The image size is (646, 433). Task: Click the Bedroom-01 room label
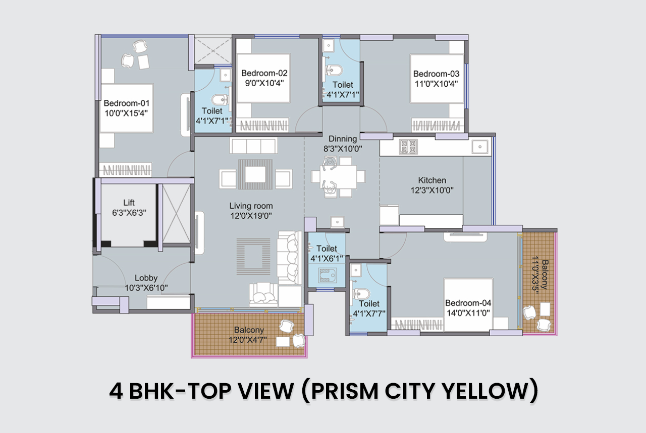pyautogui.click(x=127, y=103)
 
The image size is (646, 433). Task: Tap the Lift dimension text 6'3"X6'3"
pyautogui.click(x=129, y=213)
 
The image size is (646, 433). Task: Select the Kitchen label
pyautogui.click(x=432, y=180)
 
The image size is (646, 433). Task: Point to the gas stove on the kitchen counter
pyautogui.click(x=408, y=146)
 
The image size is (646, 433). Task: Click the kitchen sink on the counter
pyautogui.click(x=480, y=147)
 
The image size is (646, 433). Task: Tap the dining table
pyautogui.click(x=338, y=176)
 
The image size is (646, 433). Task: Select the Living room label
pyautogui.click(x=251, y=206)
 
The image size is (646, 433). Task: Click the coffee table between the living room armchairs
pyautogui.click(x=255, y=174)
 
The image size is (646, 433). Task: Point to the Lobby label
pyautogui.click(x=146, y=278)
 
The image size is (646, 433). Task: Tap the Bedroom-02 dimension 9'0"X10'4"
pyautogui.click(x=264, y=83)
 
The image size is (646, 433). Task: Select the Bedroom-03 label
pyautogui.click(x=436, y=74)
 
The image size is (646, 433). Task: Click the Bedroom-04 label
pyautogui.click(x=468, y=303)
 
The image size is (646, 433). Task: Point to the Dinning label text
pyautogui.click(x=343, y=139)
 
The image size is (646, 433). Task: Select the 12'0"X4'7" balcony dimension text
pyautogui.click(x=248, y=340)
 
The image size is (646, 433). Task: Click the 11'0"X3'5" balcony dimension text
pyautogui.click(x=535, y=275)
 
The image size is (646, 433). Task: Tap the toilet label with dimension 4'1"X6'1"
pyautogui.click(x=327, y=254)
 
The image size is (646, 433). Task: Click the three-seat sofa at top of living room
pyautogui.click(x=254, y=146)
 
